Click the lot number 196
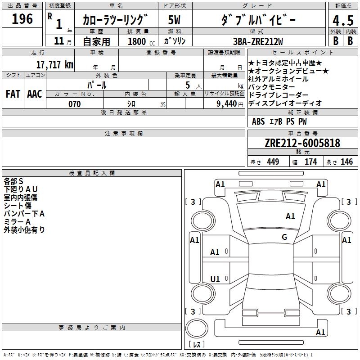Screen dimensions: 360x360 [x=22, y=19]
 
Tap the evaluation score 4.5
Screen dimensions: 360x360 [x=342, y=21]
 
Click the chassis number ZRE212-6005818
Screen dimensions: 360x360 [x=302, y=143]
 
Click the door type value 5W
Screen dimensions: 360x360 [x=175, y=20]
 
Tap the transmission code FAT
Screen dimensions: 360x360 [x=13, y=94]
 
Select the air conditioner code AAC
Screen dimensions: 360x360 [x=35, y=94]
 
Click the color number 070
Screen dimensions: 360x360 [x=74, y=104]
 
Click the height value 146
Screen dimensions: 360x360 [x=346, y=162]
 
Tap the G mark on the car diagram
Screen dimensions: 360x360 [x=284, y=237]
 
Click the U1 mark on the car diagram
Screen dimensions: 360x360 [x=215, y=279]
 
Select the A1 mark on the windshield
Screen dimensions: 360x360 [x=290, y=216]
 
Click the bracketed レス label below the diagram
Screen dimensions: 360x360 [x=197, y=345]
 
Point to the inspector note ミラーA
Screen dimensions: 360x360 [x=17, y=222]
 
